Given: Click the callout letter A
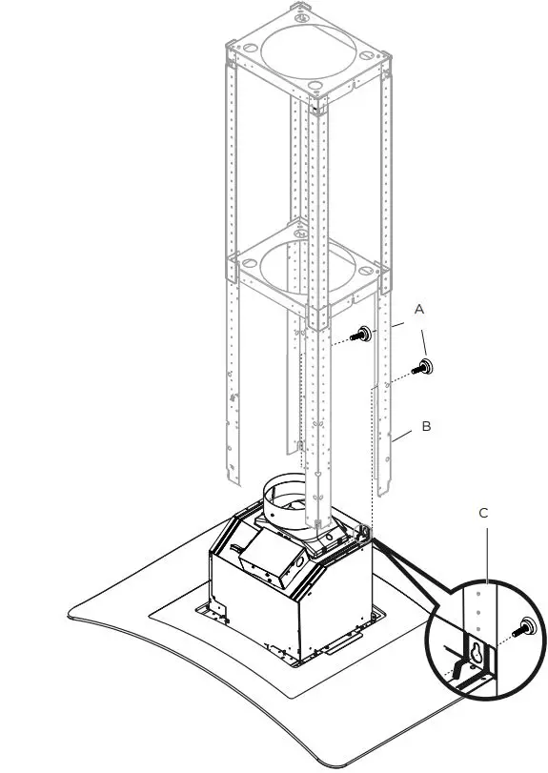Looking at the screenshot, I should pos(418,310).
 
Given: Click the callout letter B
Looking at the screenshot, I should pos(426,426).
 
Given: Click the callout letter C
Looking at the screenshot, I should pos(484,513).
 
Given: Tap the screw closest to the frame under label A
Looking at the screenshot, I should pos(362,336).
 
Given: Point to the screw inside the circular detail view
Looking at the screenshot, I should pos(523,629).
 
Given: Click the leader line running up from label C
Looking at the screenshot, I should pos(486,553).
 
